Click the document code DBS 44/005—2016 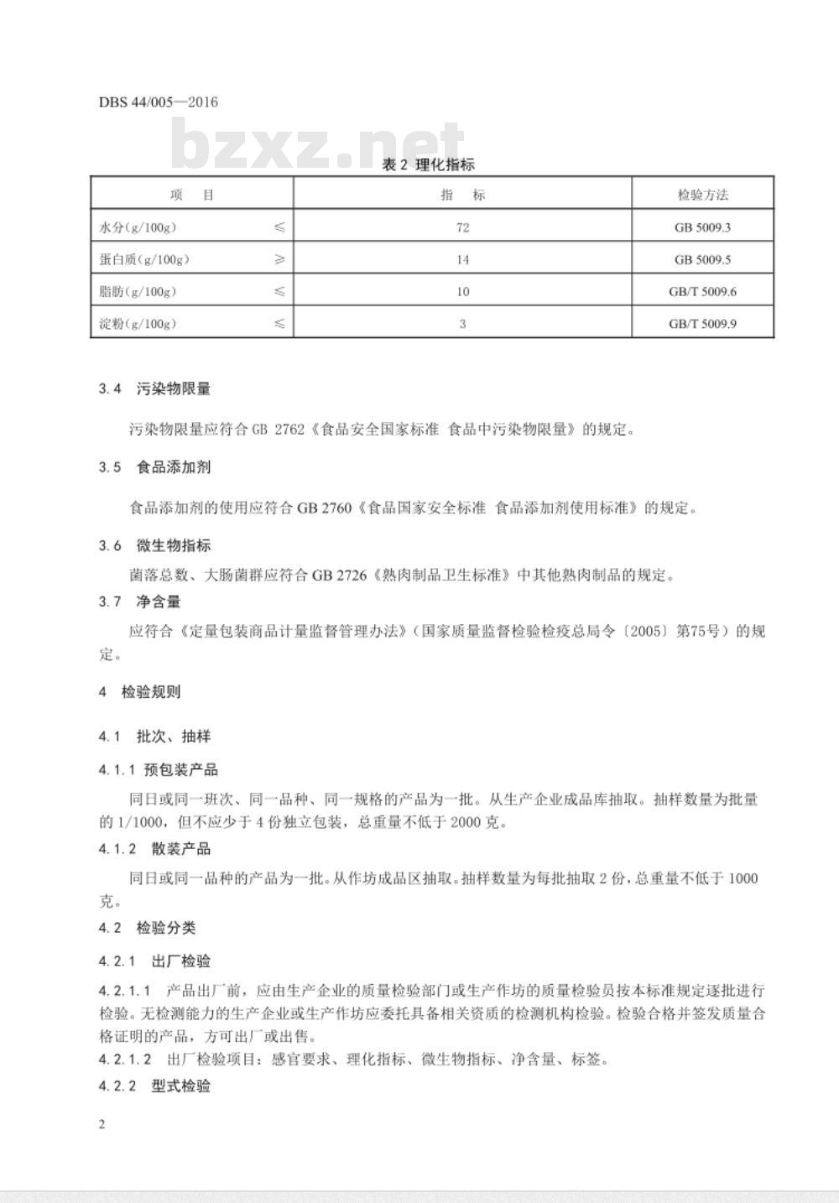pyautogui.click(x=158, y=102)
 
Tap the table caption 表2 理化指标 pyautogui.click(x=428, y=164)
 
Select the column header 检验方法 pyautogui.click(x=702, y=195)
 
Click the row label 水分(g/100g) pyautogui.click(x=138, y=227)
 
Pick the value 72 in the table pyautogui.click(x=462, y=227)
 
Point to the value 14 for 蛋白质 pyautogui.click(x=462, y=259)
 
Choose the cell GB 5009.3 pyautogui.click(x=702, y=227)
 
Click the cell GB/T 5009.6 pyautogui.click(x=702, y=291)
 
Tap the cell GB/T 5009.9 pyautogui.click(x=702, y=323)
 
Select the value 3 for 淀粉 pyautogui.click(x=462, y=323)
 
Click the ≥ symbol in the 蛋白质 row pyautogui.click(x=279, y=259)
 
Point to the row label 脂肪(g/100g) pyautogui.click(x=138, y=291)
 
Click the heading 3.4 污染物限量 pyautogui.click(x=154, y=388)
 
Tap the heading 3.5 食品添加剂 pyautogui.click(x=154, y=467)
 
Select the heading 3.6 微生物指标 pyautogui.click(x=154, y=545)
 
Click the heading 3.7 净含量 pyautogui.click(x=139, y=601)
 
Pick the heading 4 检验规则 pyautogui.click(x=139, y=692)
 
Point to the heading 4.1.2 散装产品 pyautogui.click(x=154, y=848)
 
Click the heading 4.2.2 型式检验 pyautogui.click(x=154, y=1086)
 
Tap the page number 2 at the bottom pyautogui.click(x=102, y=1124)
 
